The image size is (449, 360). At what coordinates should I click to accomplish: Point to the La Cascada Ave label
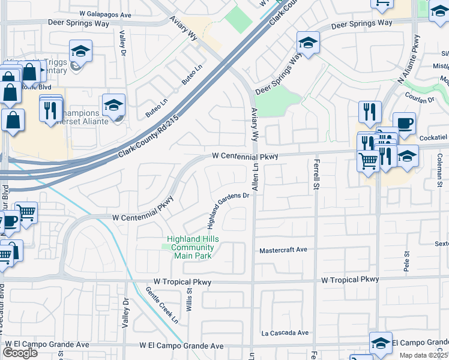pyautogui.click(x=285, y=332)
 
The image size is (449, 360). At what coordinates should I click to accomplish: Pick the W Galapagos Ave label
pyautogui.click(x=104, y=14)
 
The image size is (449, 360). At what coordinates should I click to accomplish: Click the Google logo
pyautogui.click(x=20, y=353)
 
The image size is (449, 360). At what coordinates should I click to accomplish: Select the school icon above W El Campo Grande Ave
pyautogui.click(x=381, y=342)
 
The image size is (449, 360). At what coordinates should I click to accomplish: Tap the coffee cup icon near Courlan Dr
pyautogui.click(x=404, y=122)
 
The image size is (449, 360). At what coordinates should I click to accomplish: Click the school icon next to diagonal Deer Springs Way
pyautogui.click(x=308, y=42)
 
